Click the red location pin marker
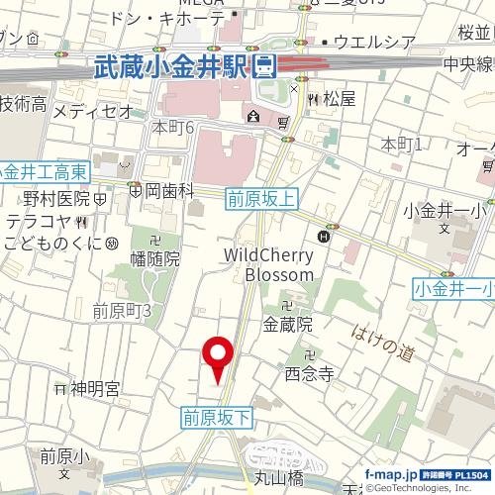coord(218,357)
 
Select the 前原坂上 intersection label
coord(261,198)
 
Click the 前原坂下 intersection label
coord(217,419)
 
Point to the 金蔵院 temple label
coord(287,323)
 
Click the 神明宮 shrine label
coord(94,388)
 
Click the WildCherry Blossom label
coord(269,263)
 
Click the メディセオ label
coord(92,111)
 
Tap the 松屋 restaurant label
coord(339,99)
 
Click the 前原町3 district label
coord(121,311)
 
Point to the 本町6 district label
coord(172,128)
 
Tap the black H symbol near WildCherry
coord(324,236)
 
